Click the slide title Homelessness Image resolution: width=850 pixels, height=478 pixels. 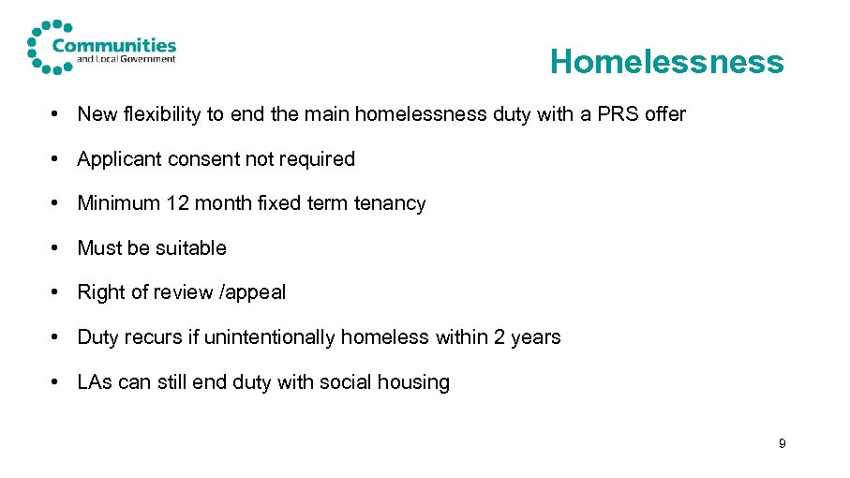click(666, 62)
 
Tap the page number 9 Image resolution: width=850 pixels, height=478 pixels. click(783, 443)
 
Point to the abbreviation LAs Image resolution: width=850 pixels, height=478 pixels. click(95, 382)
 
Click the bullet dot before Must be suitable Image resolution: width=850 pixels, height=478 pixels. click(57, 248)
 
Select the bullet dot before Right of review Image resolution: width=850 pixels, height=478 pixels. click(57, 292)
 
